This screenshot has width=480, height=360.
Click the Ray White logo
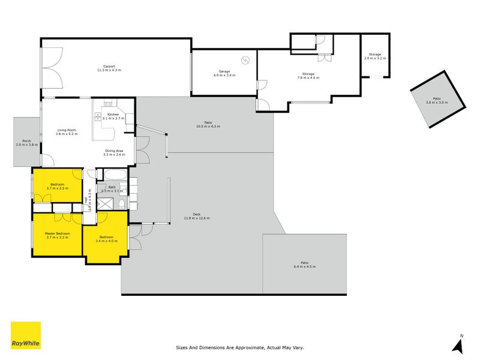(26, 335)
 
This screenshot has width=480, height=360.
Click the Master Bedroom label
(58, 233)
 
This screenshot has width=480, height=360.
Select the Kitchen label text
(113, 115)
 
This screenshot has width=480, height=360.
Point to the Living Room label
(67, 130)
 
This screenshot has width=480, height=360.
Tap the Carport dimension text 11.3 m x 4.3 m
(109, 70)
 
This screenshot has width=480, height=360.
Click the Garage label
(224, 71)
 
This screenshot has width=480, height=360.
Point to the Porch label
(26, 141)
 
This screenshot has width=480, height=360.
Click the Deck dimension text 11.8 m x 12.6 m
(197, 218)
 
